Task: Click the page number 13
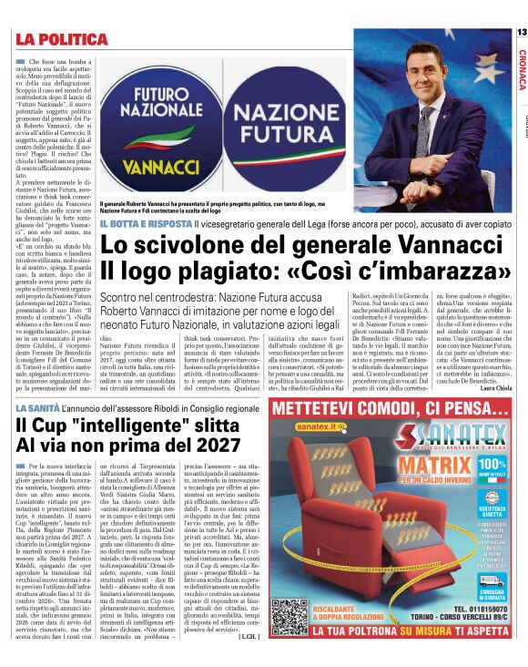(521, 34)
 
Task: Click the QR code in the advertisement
(291, 617)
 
